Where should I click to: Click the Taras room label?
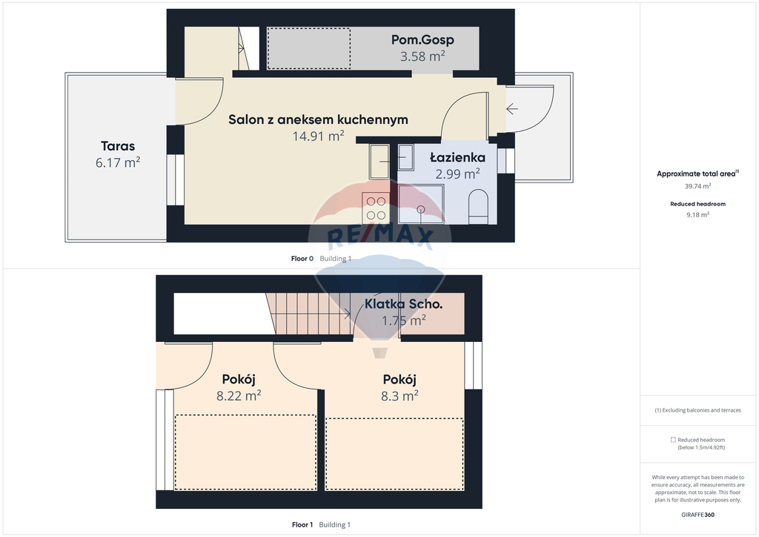(x=118, y=146)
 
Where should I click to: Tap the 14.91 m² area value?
(x=318, y=136)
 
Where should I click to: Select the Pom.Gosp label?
(x=422, y=40)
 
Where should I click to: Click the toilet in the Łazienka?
(x=478, y=207)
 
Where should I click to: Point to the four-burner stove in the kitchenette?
(x=376, y=208)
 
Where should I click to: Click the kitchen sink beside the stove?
(x=379, y=162)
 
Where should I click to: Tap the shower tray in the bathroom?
(x=421, y=204)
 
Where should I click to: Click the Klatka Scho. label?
(x=404, y=304)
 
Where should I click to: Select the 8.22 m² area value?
(x=239, y=395)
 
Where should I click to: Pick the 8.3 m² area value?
(x=400, y=395)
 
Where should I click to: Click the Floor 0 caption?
(x=302, y=259)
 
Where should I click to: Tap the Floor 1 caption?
(x=302, y=524)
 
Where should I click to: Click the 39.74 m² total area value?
(x=697, y=186)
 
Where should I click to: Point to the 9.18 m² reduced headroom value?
(x=697, y=214)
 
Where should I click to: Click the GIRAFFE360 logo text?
(x=697, y=515)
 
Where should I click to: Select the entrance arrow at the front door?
(x=512, y=109)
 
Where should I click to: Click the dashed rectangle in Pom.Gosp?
(x=309, y=48)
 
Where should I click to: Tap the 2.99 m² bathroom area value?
(x=457, y=174)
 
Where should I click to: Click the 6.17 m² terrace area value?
(x=118, y=162)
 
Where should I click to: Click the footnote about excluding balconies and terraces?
(x=697, y=410)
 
